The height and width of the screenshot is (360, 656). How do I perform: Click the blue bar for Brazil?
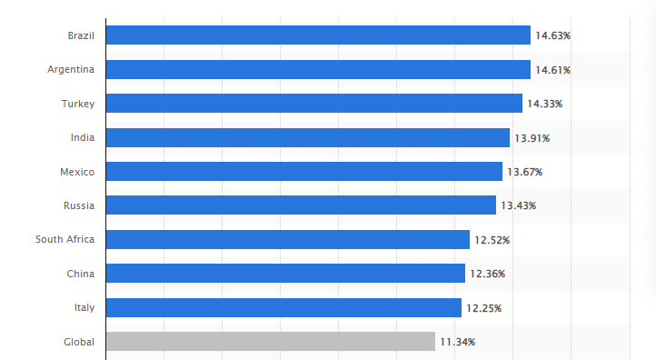pyautogui.click(x=318, y=35)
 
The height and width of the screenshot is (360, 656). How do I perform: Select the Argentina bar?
pyautogui.click(x=318, y=69)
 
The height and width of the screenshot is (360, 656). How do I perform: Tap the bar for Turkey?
pyautogui.click(x=314, y=103)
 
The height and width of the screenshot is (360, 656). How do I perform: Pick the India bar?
pyautogui.click(x=308, y=137)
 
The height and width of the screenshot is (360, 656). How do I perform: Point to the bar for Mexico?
pyautogui.click(x=304, y=171)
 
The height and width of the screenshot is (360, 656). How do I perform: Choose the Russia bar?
pyautogui.click(x=302, y=205)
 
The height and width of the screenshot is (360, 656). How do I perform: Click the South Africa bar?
pyautogui.click(x=288, y=239)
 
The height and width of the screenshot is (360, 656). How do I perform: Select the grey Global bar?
pyautogui.click(x=271, y=342)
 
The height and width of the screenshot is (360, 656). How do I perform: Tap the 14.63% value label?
pyautogui.click(x=552, y=35)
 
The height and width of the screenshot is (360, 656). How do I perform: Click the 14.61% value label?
pyautogui.click(x=552, y=70)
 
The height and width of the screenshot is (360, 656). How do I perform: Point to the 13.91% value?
pyautogui.click(x=532, y=138)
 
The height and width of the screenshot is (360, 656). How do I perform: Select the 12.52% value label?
pyautogui.click(x=492, y=240)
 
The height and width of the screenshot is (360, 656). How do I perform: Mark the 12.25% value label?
pyautogui.click(x=483, y=308)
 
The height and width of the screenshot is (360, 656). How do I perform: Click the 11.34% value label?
pyautogui.click(x=457, y=342)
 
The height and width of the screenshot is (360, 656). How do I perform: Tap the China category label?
pyautogui.click(x=81, y=274)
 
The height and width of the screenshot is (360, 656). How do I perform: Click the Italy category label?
pyautogui.click(x=84, y=307)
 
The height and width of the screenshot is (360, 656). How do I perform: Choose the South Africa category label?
pyautogui.click(x=65, y=239)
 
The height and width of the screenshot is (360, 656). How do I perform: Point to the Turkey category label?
pyautogui.click(x=78, y=104)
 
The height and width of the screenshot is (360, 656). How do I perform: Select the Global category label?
pyautogui.click(x=79, y=342)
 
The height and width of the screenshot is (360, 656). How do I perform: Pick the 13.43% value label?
pyautogui.click(x=519, y=205)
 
